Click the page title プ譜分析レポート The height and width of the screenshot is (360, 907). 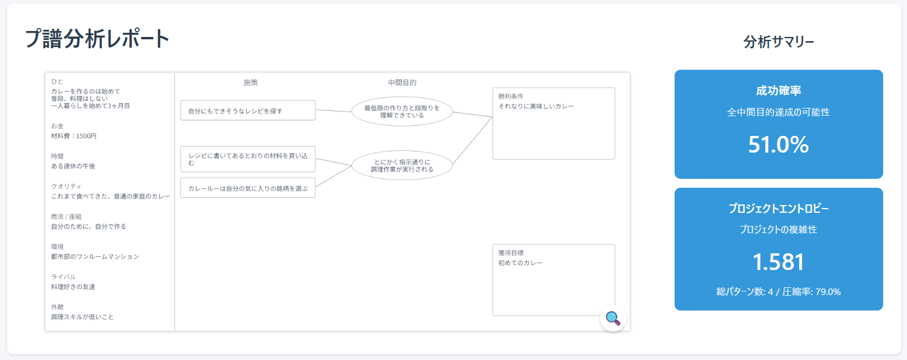tap(98, 39)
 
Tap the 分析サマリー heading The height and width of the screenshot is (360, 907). tap(778, 42)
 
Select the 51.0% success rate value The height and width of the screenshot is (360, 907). tap(778, 145)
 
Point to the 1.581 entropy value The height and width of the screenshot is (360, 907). tap(778, 262)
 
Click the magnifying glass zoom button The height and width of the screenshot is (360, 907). tap(613, 318)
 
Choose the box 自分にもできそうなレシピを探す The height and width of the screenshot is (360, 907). tap(247, 110)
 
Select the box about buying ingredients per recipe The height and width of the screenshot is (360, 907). tap(247, 159)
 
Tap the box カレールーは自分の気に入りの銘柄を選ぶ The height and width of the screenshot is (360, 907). tap(247, 188)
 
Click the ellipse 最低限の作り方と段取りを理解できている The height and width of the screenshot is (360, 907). tap(402, 111)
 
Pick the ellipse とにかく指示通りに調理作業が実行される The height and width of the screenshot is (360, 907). tap(402, 165)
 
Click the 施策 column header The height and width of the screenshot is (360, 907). tap(251, 83)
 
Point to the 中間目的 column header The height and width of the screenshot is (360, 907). tap(402, 83)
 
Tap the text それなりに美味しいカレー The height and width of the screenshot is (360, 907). tap(536, 106)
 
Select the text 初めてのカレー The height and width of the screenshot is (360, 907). tap(520, 262)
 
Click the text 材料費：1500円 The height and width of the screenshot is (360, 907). tap(74, 136)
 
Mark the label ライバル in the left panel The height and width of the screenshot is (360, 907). tap(63, 277)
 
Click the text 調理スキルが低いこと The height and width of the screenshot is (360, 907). tap(82, 316)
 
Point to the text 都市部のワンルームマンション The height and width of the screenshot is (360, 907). tap(95, 256)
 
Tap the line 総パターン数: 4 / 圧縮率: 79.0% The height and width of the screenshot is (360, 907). tap(778, 292)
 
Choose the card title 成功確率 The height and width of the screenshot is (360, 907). tap(778, 91)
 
